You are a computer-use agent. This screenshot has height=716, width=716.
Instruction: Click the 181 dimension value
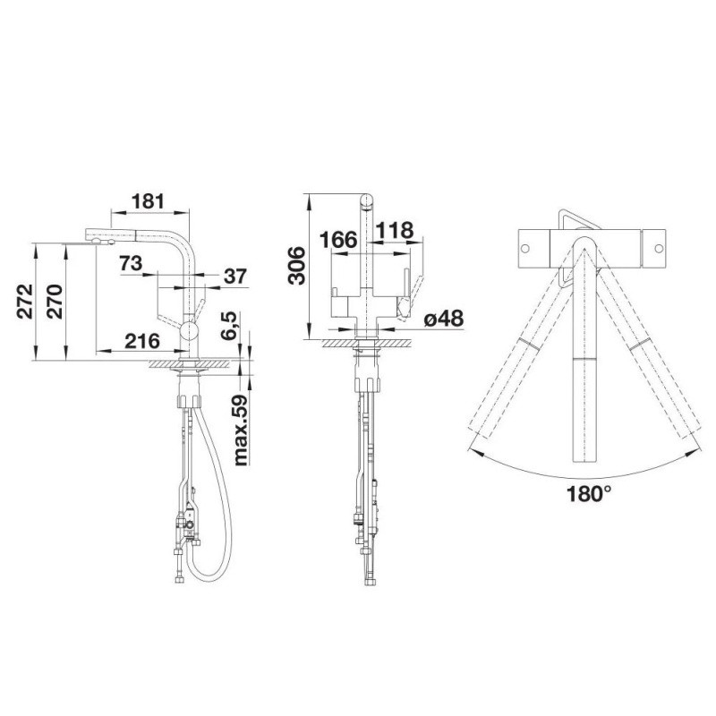(148, 200)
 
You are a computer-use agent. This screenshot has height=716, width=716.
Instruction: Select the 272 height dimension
(25, 302)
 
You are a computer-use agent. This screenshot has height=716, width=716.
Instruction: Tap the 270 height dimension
(55, 302)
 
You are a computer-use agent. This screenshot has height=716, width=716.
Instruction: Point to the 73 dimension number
(131, 263)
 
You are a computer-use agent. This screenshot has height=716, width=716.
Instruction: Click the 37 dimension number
(235, 277)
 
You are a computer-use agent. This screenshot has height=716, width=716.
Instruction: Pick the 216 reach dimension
(142, 341)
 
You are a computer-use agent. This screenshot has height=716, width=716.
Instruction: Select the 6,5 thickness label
(229, 326)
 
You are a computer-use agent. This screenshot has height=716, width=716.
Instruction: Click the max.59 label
(240, 430)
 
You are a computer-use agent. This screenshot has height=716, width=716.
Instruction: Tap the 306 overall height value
(297, 265)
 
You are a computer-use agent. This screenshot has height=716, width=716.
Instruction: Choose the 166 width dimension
(338, 240)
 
